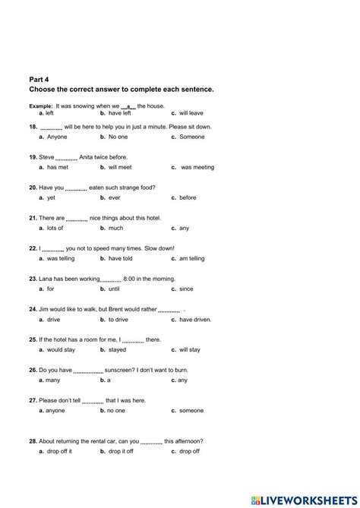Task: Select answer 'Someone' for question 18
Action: [192, 137]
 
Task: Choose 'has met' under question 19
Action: [58, 167]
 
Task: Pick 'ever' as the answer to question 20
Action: [115, 197]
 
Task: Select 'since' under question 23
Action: [187, 289]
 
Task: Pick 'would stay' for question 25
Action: [62, 350]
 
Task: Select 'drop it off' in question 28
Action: [122, 451]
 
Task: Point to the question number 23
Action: [33, 279]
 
